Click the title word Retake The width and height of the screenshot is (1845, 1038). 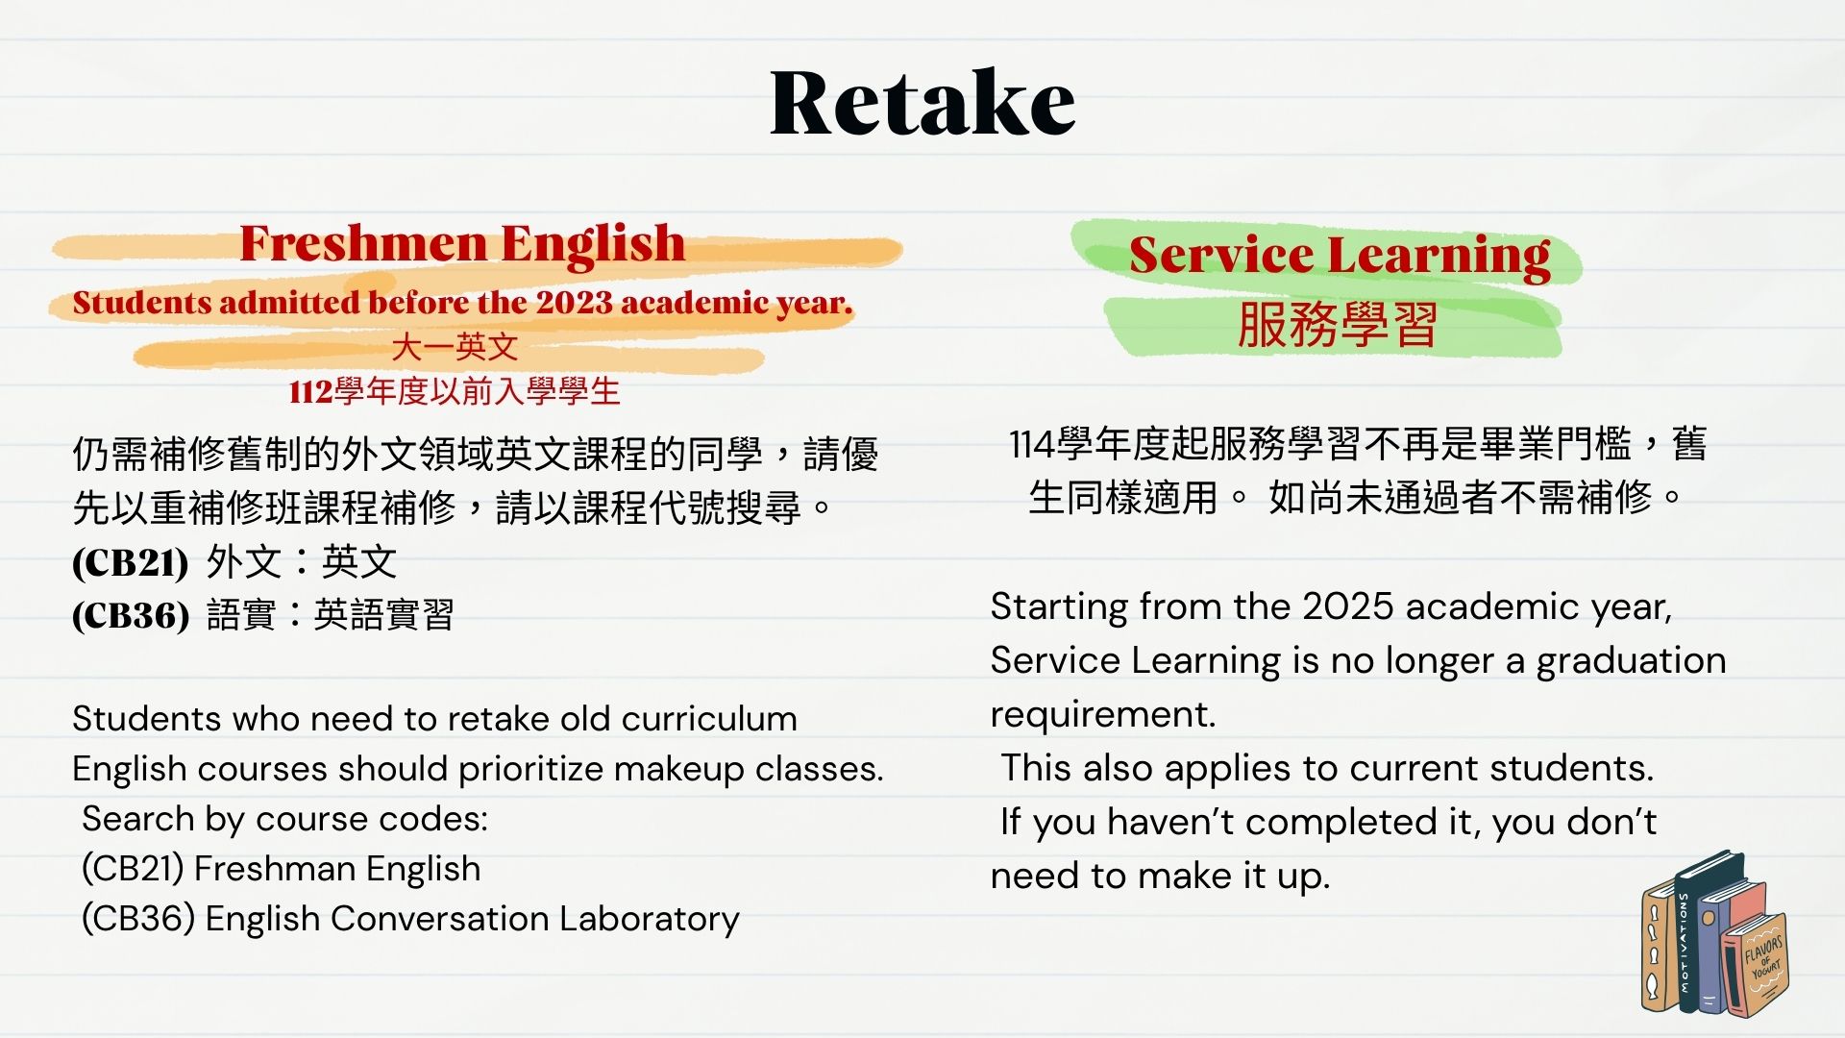click(x=922, y=102)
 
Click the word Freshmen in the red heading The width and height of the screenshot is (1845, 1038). click(x=364, y=243)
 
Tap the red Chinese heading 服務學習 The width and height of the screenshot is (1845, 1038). click(x=1338, y=324)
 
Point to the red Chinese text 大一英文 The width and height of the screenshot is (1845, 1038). click(x=455, y=347)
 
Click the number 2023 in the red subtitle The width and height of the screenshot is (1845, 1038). click(x=574, y=303)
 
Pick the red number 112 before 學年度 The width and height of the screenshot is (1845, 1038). click(x=310, y=392)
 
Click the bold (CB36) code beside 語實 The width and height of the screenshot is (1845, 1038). click(x=131, y=615)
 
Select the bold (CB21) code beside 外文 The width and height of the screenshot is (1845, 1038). click(x=130, y=562)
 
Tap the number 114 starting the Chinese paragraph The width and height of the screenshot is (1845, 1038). click(x=1032, y=445)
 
